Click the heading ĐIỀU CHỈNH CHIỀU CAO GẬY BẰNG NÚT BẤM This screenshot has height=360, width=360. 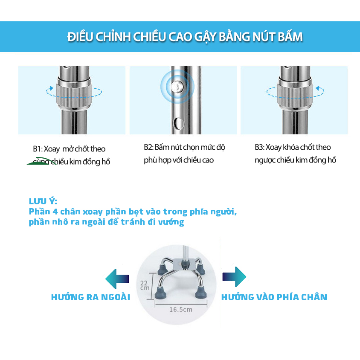(x=185, y=37)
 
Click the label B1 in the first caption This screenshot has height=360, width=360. (x=37, y=149)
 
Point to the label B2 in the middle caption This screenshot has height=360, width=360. (x=148, y=148)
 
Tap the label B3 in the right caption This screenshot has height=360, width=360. (x=259, y=148)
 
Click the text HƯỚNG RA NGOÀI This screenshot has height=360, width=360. (x=90, y=297)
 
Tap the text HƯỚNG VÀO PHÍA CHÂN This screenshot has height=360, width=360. (x=274, y=297)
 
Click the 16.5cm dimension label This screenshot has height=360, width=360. (x=180, y=310)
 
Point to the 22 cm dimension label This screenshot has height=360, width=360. (x=145, y=285)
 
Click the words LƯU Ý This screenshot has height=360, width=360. (x=43, y=201)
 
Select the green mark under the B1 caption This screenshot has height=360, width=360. (x=38, y=163)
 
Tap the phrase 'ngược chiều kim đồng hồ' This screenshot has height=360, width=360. (x=296, y=160)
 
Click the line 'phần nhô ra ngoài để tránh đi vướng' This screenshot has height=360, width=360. (x=106, y=222)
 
